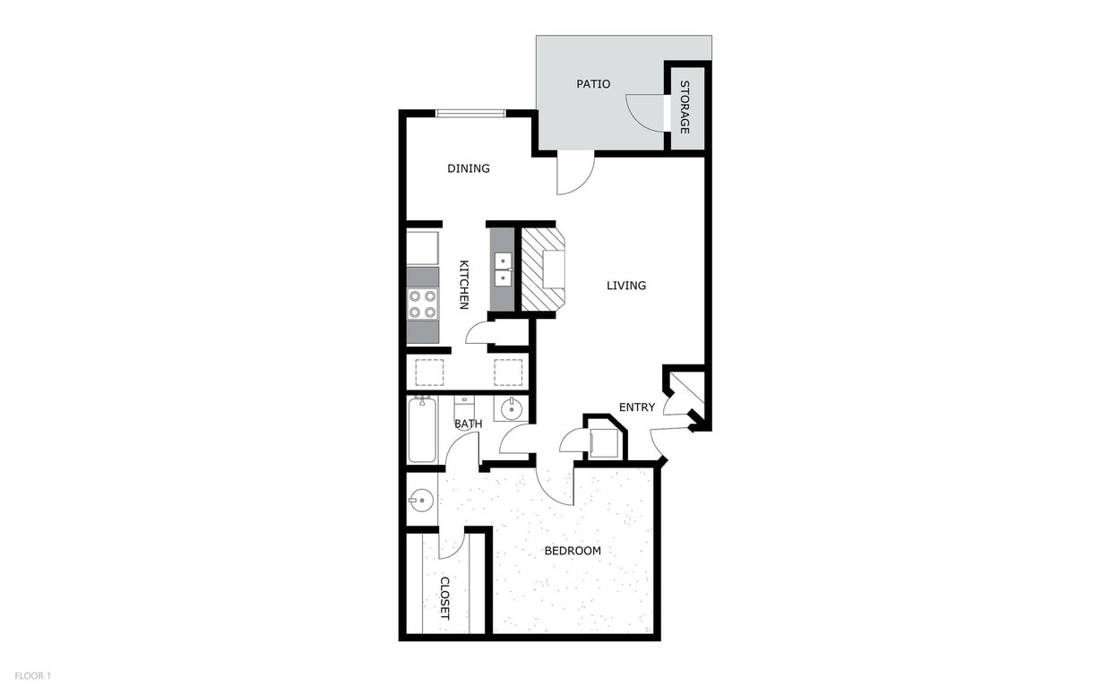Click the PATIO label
click(x=593, y=84)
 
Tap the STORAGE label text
click(x=685, y=107)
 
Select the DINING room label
click(x=469, y=168)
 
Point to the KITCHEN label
click(x=464, y=285)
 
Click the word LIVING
click(x=626, y=286)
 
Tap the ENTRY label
click(x=637, y=407)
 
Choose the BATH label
click(x=469, y=424)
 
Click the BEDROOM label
click(x=573, y=551)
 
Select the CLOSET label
click(x=445, y=598)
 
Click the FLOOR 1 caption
click(x=33, y=676)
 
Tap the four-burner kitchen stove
click(x=423, y=304)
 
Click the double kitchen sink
click(x=504, y=269)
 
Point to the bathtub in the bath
click(x=422, y=430)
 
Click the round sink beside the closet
click(x=420, y=501)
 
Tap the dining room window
click(x=470, y=114)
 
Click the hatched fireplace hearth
click(x=543, y=270)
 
